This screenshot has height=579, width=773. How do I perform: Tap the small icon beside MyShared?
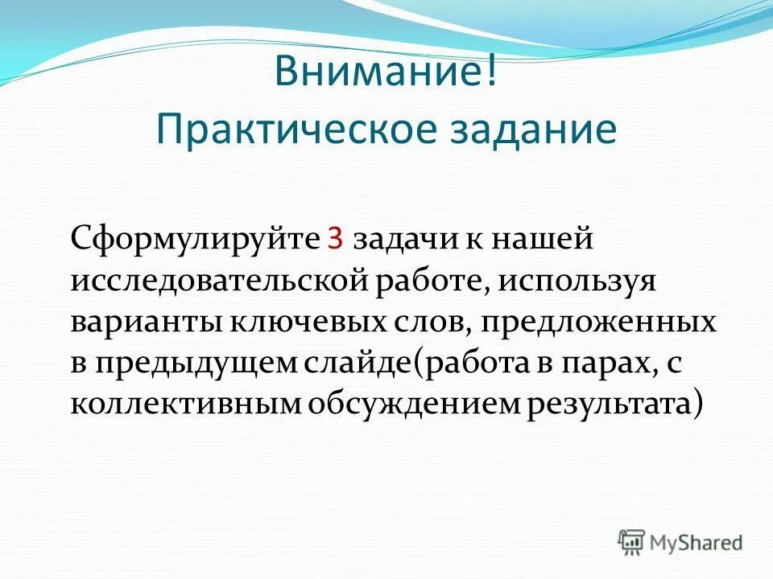point(632,542)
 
